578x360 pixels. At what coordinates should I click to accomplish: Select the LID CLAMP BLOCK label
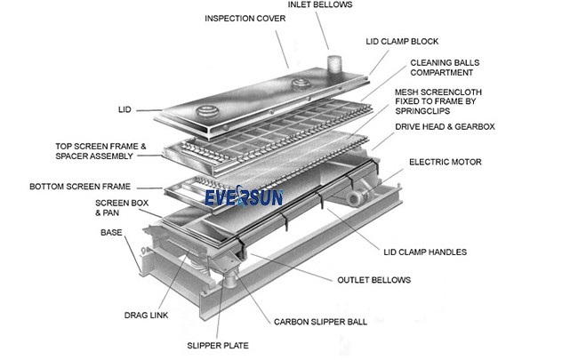tap(402, 42)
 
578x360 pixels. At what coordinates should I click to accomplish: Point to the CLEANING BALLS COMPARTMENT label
tap(443, 69)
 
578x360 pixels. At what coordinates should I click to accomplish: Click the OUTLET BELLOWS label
tap(373, 280)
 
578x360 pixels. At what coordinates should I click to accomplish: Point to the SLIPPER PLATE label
tap(218, 345)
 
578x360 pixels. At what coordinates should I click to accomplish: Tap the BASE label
tap(110, 232)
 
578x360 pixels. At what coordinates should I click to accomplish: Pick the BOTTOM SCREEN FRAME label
tap(80, 187)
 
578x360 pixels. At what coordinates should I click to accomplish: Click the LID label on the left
tap(124, 110)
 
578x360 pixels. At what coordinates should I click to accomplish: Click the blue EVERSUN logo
tap(244, 196)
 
